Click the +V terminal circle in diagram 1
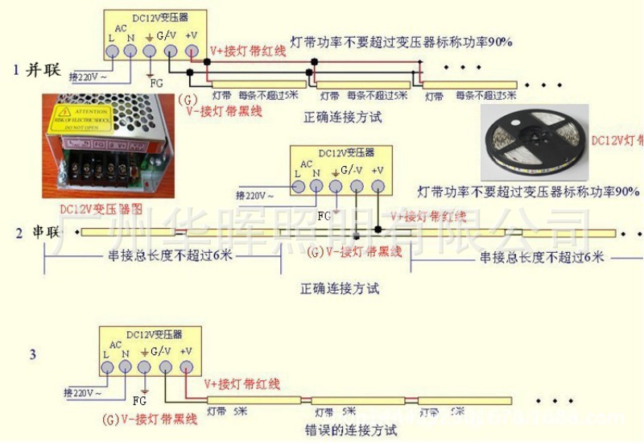click(191, 51)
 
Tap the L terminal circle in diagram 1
click(110, 51)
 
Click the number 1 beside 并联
click(15, 69)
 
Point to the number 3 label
click(32, 353)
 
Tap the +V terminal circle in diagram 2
click(378, 188)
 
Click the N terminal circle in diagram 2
click(317, 188)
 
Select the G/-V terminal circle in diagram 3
click(165, 367)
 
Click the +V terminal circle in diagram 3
click(186, 367)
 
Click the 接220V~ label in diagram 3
click(84, 392)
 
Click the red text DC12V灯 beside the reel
click(617, 139)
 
